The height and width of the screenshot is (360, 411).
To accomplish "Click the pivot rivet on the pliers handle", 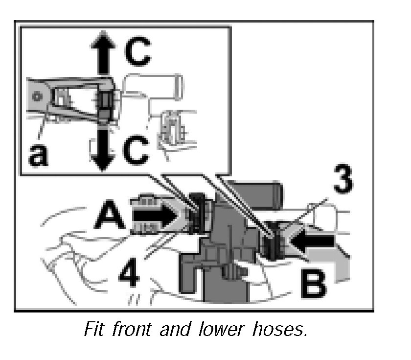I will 35,97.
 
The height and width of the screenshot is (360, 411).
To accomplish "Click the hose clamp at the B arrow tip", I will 271,240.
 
